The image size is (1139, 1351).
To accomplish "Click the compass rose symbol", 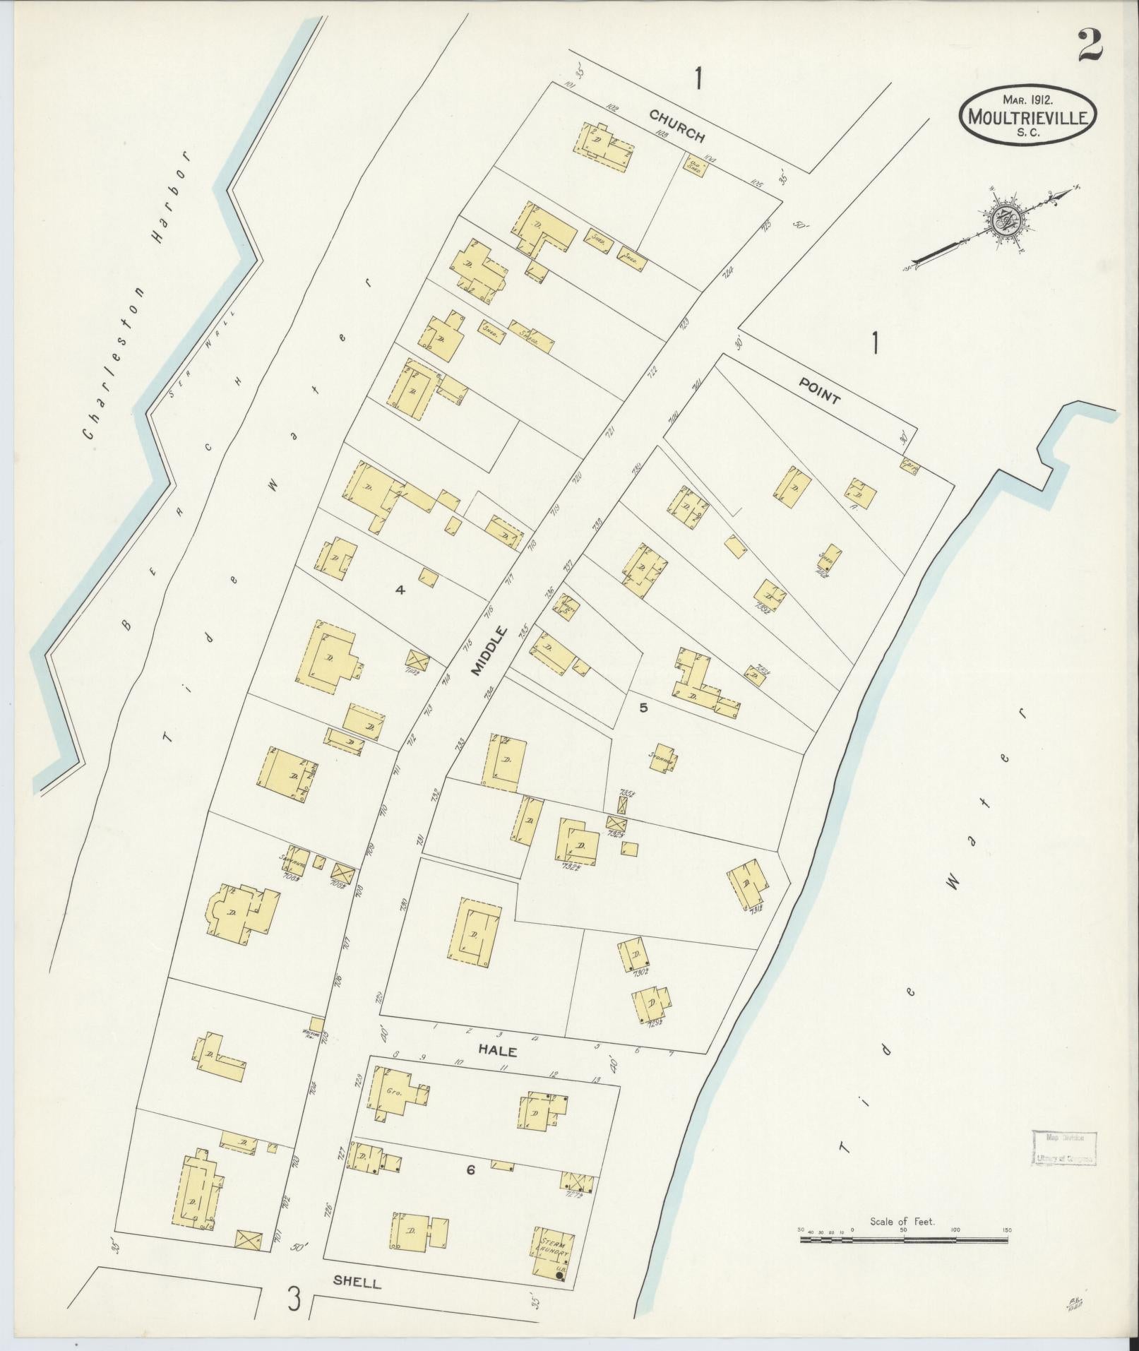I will tap(1002, 220).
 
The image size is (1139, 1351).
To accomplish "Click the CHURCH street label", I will tap(677, 124).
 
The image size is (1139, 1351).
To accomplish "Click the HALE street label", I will tap(498, 1051).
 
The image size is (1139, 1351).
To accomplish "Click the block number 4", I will tap(400, 590).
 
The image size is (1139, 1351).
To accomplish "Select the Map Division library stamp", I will tap(1064, 1147).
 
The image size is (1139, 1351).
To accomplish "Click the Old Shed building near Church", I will tap(694, 165).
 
